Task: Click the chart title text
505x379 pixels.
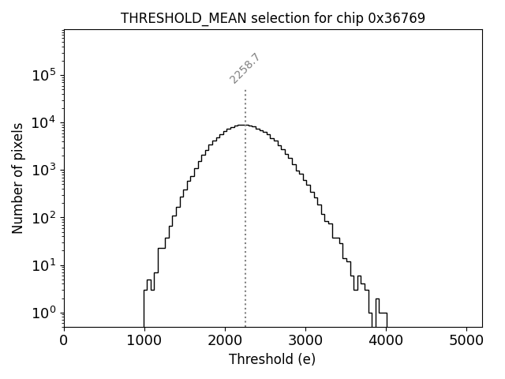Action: pyautogui.click(x=272, y=18)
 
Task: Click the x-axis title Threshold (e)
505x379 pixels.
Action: pyautogui.click(x=272, y=359)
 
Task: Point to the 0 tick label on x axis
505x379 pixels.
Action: pyautogui.click(x=64, y=341)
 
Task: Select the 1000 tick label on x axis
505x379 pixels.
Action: pyautogui.click(x=144, y=341)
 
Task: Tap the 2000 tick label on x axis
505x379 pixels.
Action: pyautogui.click(x=225, y=341)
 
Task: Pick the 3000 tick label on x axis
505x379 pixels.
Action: pyautogui.click(x=305, y=341)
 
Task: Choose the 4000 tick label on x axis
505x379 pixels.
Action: pyautogui.click(x=386, y=341)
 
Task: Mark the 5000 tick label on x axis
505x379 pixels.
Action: pyautogui.click(x=466, y=341)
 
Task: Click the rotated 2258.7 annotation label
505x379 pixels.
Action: pyautogui.click(x=245, y=69)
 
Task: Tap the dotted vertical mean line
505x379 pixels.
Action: pyautogui.click(x=245, y=237)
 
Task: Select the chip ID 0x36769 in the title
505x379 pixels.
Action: pyautogui.click(x=396, y=18)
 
